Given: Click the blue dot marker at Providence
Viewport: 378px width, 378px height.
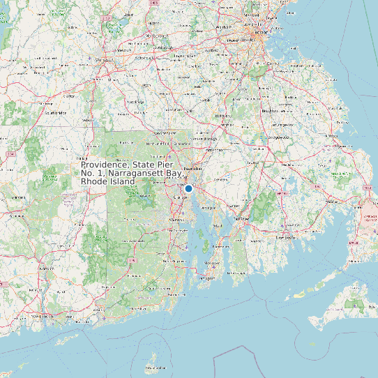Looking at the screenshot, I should pyautogui.click(x=188, y=188).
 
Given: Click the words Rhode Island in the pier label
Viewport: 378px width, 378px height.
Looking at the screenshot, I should pyautogui.click(x=104, y=181).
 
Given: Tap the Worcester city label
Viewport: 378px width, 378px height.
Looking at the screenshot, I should pyautogui.click(x=104, y=61).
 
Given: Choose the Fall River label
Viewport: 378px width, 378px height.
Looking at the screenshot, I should pyautogui.click(x=241, y=219).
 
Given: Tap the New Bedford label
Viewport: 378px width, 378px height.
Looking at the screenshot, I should pyautogui.click(x=283, y=237).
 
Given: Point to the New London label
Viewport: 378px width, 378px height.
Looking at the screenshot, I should pyautogui.click(x=46, y=315).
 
